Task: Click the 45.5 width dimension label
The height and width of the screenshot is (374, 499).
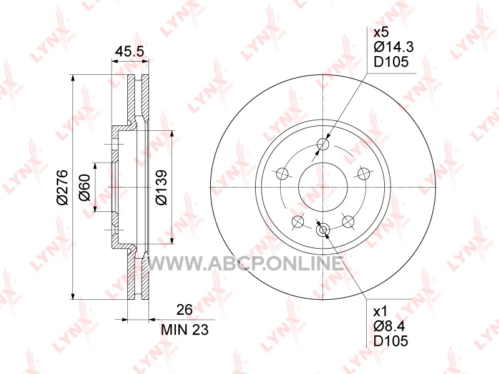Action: click(130, 51)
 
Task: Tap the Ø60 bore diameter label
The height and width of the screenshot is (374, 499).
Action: click(85, 188)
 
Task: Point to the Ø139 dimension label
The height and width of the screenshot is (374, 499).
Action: click(162, 188)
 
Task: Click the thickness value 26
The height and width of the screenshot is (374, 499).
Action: click(185, 310)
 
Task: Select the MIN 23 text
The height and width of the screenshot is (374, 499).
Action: click(185, 330)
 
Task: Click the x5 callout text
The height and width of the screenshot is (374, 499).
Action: click(381, 32)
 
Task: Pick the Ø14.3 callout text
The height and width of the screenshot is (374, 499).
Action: click(394, 47)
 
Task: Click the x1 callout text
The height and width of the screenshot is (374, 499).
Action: click(380, 311)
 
